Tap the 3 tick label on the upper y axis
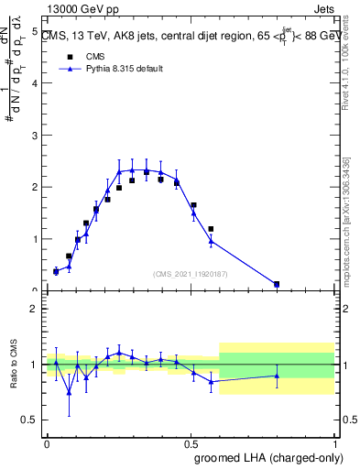(x=34, y=136)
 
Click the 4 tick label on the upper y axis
(x=34, y=83)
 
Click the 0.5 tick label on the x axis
(x=190, y=443)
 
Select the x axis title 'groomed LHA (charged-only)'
(x=266, y=457)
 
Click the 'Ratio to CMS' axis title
(x=14, y=365)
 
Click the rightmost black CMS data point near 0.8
(x=277, y=284)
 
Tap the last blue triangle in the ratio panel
(x=277, y=376)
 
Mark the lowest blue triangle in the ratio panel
(x=69, y=392)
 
